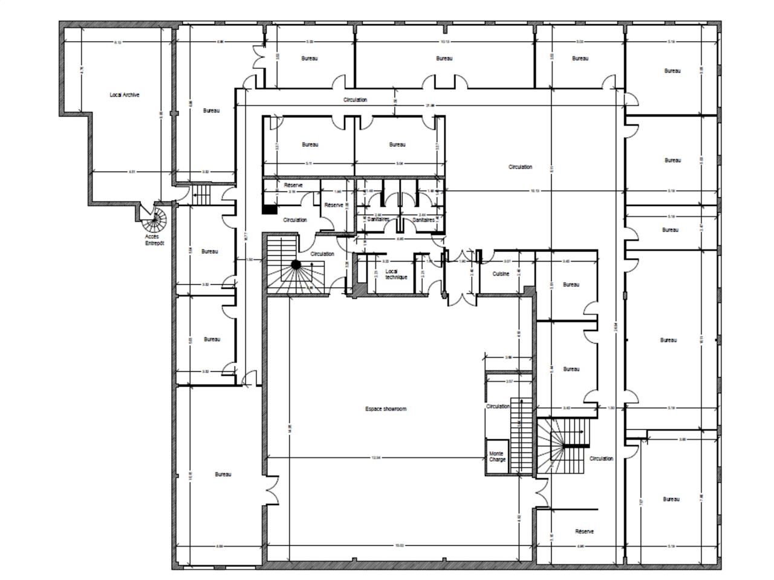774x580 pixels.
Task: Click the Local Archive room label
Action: (125, 95)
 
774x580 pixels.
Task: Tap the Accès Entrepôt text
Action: (154, 240)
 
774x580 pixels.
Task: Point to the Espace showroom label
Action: (386, 409)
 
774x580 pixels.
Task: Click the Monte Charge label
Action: (496, 456)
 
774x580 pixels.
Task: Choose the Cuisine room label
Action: (501, 274)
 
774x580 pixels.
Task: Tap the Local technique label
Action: (396, 274)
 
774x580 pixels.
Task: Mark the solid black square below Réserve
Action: (269, 210)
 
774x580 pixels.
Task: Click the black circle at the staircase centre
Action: (296, 265)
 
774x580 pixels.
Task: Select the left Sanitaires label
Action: (378, 220)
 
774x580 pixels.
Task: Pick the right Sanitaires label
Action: (423, 220)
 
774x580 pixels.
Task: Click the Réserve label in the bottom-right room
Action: (584, 532)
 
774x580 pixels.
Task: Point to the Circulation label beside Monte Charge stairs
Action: (498, 407)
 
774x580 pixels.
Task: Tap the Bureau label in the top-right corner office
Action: (672, 71)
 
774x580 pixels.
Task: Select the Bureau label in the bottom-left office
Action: (223, 474)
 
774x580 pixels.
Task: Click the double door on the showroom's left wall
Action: (272, 490)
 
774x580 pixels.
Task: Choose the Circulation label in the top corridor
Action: (355, 100)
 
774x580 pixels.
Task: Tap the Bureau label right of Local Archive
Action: (211, 111)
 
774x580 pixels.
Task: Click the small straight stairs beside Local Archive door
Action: (201, 195)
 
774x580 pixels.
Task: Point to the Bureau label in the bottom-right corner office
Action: (671, 499)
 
